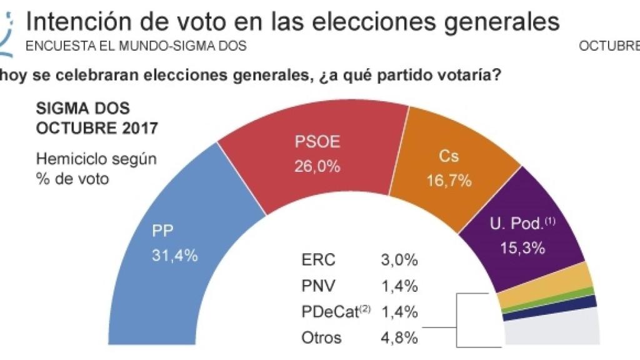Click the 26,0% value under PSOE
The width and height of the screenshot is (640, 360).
pos(317,167)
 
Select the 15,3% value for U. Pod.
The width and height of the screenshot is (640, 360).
pos(522,247)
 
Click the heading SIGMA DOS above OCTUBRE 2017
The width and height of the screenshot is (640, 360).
pos(83,108)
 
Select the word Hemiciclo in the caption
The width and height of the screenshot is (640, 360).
pos(69,159)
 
